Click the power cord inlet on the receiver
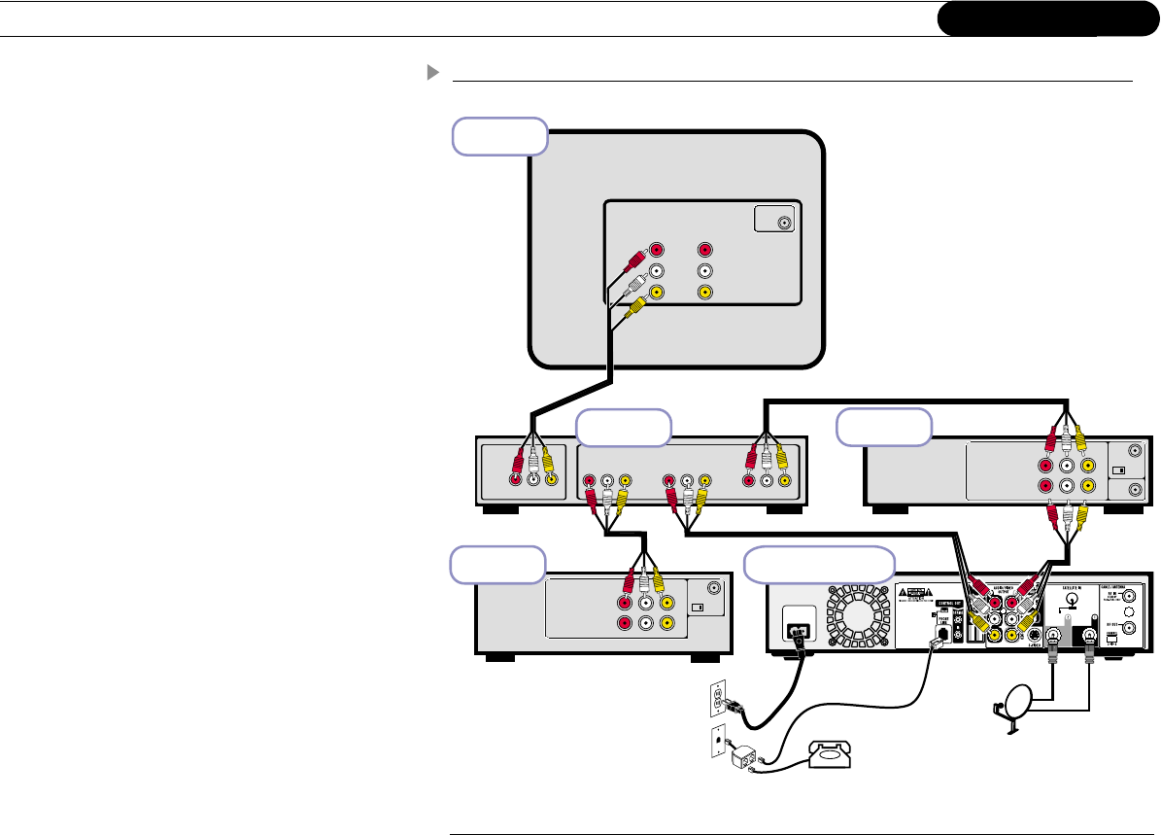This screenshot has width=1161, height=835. pyautogui.click(x=798, y=630)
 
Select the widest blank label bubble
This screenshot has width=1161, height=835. pyautogui.click(x=819, y=564)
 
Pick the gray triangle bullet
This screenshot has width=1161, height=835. pyautogui.click(x=431, y=73)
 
